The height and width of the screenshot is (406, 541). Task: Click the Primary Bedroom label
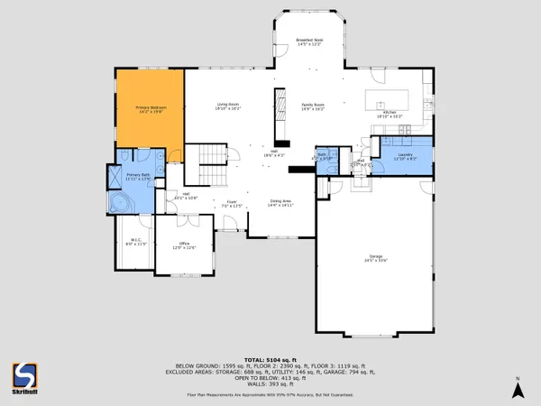coord(150,110)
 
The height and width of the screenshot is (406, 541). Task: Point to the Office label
coord(184,245)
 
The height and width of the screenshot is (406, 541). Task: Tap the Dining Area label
coord(280,203)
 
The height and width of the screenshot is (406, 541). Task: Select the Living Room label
coord(227,106)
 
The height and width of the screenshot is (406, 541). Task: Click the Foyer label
coord(233,204)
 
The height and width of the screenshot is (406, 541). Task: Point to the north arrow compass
coord(518,388)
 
